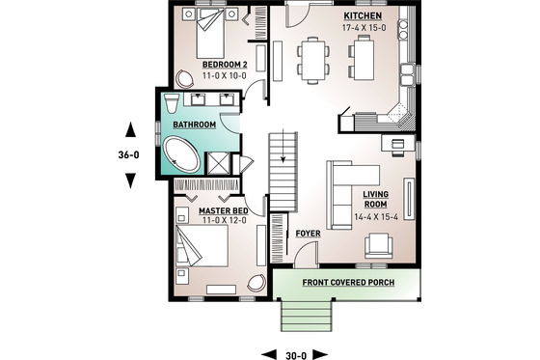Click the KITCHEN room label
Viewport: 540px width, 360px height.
[363, 17]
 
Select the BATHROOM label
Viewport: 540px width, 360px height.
[194, 125]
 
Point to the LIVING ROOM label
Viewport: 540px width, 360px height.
[375, 199]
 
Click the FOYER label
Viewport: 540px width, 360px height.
[308, 233]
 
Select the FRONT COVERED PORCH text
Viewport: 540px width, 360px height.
[346, 283]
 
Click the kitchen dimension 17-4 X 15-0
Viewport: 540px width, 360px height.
[363, 29]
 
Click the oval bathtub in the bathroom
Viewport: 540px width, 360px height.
[182, 153]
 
